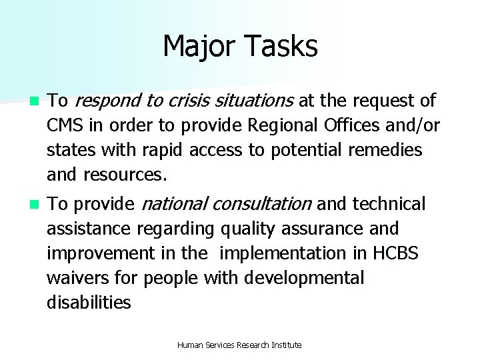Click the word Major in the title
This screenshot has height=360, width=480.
pos(202,47)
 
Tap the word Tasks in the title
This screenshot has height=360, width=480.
pos(282,47)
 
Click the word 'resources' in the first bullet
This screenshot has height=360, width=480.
pos(123,175)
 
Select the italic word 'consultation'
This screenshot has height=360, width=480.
pos(260,203)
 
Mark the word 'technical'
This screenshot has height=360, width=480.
pos(389,203)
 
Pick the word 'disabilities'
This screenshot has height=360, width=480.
pos(89,302)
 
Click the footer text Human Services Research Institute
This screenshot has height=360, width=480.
pos(239,345)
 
